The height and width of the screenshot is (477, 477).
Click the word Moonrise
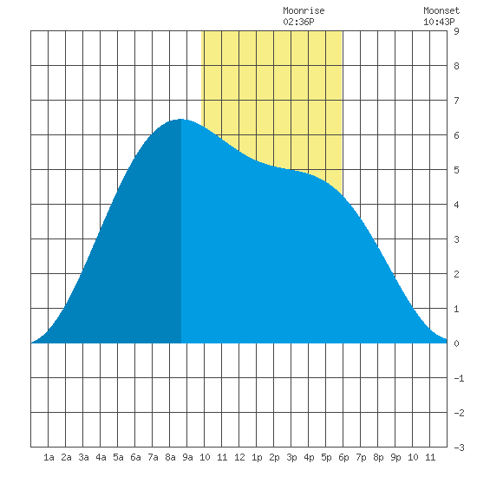(304, 10)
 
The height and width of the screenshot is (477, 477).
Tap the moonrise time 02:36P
(298, 22)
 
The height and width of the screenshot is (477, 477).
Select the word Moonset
(441, 10)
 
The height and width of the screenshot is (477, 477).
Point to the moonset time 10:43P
(439, 22)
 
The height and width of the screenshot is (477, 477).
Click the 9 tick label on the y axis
(456, 31)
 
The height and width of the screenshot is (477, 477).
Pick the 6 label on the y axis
(456, 135)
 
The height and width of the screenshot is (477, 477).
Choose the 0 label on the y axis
(456, 343)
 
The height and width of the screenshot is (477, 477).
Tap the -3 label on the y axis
(459, 448)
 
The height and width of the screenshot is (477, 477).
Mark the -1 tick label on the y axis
(459, 378)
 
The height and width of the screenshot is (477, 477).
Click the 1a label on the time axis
(49, 457)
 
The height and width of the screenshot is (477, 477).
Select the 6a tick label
(135, 457)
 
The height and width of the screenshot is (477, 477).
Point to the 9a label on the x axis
(187, 457)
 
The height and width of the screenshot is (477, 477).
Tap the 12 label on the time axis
(239, 457)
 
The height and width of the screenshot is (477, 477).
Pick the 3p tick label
(291, 457)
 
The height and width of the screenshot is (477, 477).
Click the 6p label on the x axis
(343, 457)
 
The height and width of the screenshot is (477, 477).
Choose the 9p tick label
(395, 457)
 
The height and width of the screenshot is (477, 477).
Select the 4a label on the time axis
(101, 457)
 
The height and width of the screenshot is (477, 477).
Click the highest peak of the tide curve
(180, 120)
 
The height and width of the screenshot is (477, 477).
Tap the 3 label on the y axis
(456, 239)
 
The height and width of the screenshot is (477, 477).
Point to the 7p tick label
(361, 457)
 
